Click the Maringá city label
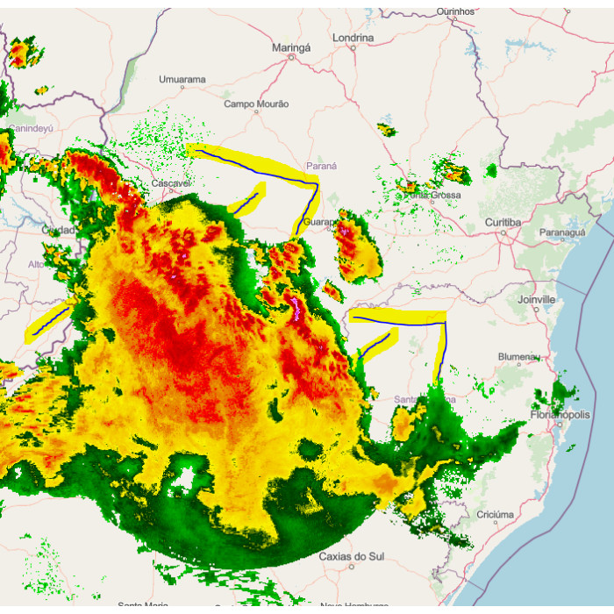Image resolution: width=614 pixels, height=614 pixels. (x=291, y=46)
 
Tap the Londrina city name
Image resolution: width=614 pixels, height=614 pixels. (x=353, y=38)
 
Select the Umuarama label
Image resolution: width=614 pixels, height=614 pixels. (x=182, y=80)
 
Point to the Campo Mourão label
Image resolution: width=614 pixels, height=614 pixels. (x=256, y=104)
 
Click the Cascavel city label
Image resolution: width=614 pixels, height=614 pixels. (x=170, y=183)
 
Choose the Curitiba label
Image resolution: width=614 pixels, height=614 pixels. (x=503, y=223)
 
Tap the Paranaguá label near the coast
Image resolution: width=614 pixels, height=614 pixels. (x=561, y=233)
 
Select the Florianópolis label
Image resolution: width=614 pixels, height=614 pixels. (x=561, y=414)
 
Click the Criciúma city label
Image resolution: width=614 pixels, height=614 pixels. (x=493, y=514)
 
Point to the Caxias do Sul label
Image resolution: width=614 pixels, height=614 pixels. (x=351, y=556)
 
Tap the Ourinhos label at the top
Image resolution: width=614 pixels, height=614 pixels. (x=455, y=11)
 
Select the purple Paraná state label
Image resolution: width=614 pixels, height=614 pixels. (x=321, y=166)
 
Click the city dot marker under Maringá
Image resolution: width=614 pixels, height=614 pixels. (x=291, y=59)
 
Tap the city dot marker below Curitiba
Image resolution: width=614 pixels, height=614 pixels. (x=503, y=233)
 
